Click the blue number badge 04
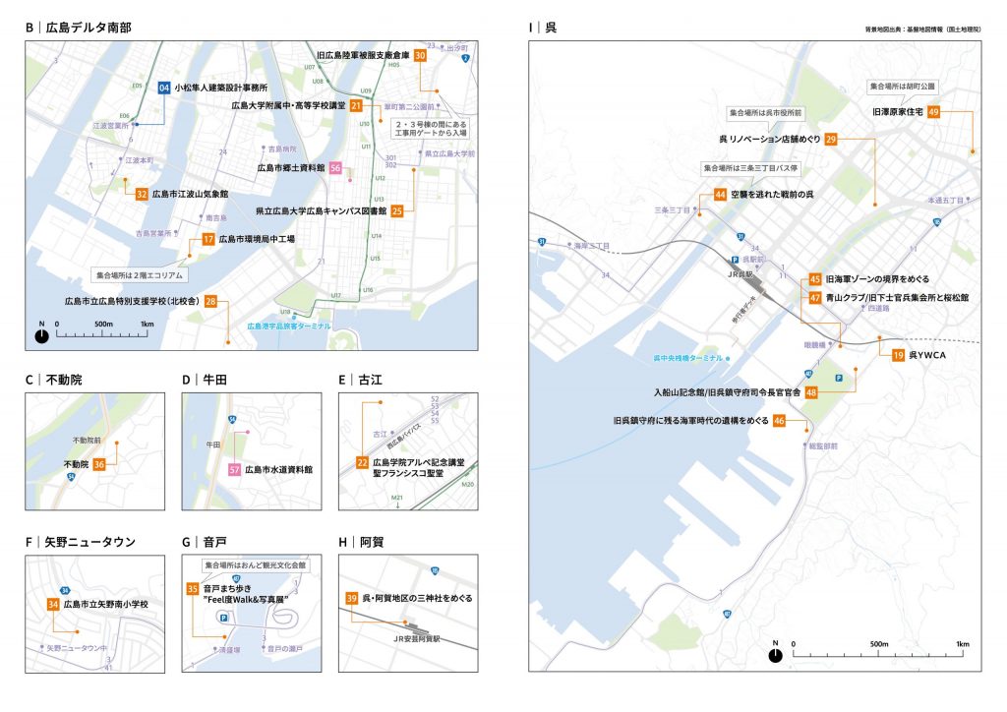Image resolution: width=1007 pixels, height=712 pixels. (164, 89)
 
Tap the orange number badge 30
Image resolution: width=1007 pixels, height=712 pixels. (420, 56)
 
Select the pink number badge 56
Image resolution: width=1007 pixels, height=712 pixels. (335, 168)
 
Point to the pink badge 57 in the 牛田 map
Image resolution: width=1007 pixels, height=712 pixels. (235, 470)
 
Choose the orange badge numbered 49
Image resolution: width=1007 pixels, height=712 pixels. (933, 112)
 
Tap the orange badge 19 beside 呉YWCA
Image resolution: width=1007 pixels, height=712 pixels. (898, 354)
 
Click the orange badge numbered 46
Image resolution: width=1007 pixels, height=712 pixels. (779, 421)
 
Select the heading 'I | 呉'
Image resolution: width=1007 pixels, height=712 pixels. (543, 27)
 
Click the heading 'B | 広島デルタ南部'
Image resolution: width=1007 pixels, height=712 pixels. (79, 27)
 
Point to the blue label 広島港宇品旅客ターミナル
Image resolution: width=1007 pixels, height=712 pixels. (289, 326)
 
